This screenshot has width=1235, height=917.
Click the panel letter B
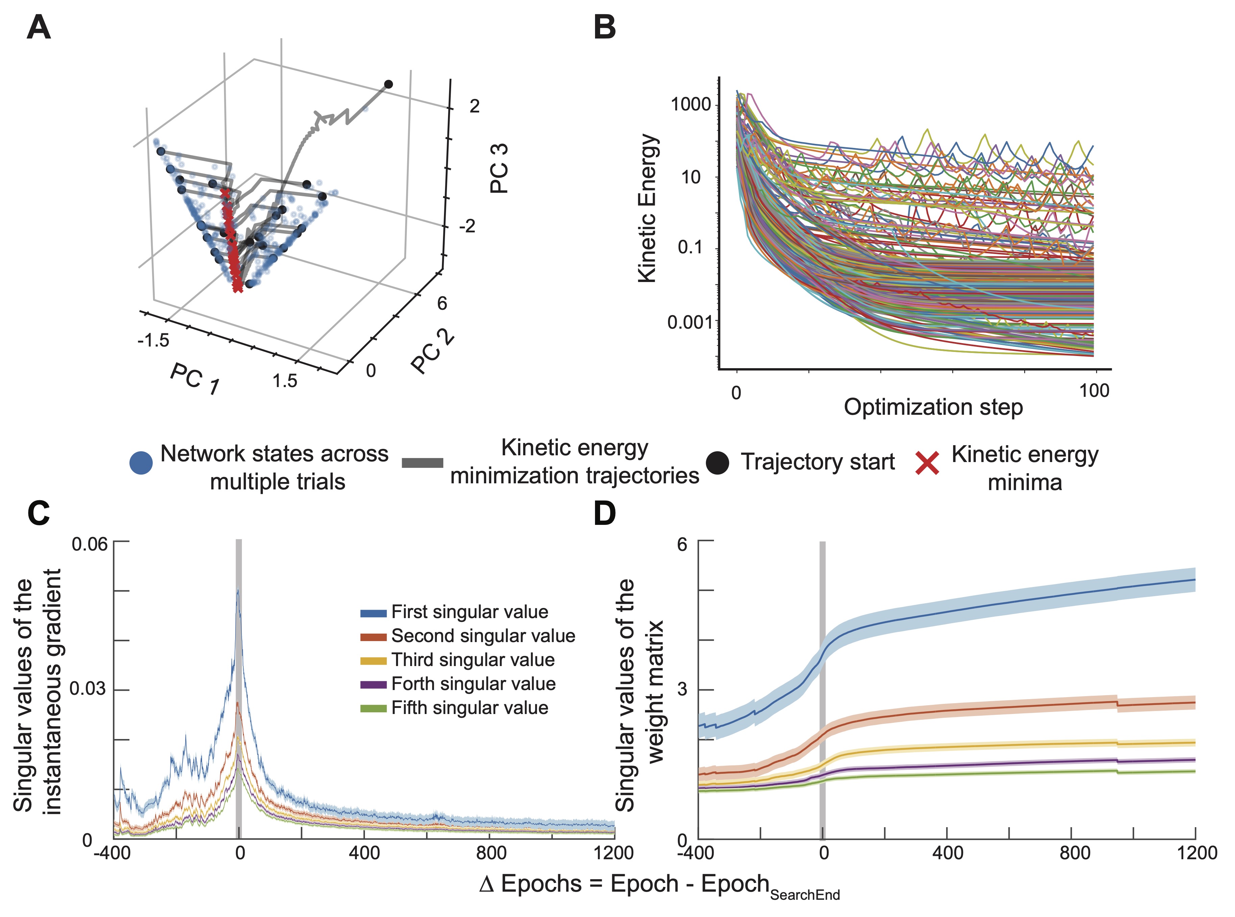coord(604,27)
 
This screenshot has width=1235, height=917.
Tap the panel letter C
coord(38,513)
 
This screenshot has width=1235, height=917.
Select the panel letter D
coord(604,513)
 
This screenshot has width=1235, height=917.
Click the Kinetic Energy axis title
coord(647,208)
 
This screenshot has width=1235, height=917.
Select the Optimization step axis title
coord(933,407)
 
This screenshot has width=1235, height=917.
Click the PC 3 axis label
coord(499,168)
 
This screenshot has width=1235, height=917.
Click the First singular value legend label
coord(469,612)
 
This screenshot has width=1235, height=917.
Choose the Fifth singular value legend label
coord(469,708)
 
